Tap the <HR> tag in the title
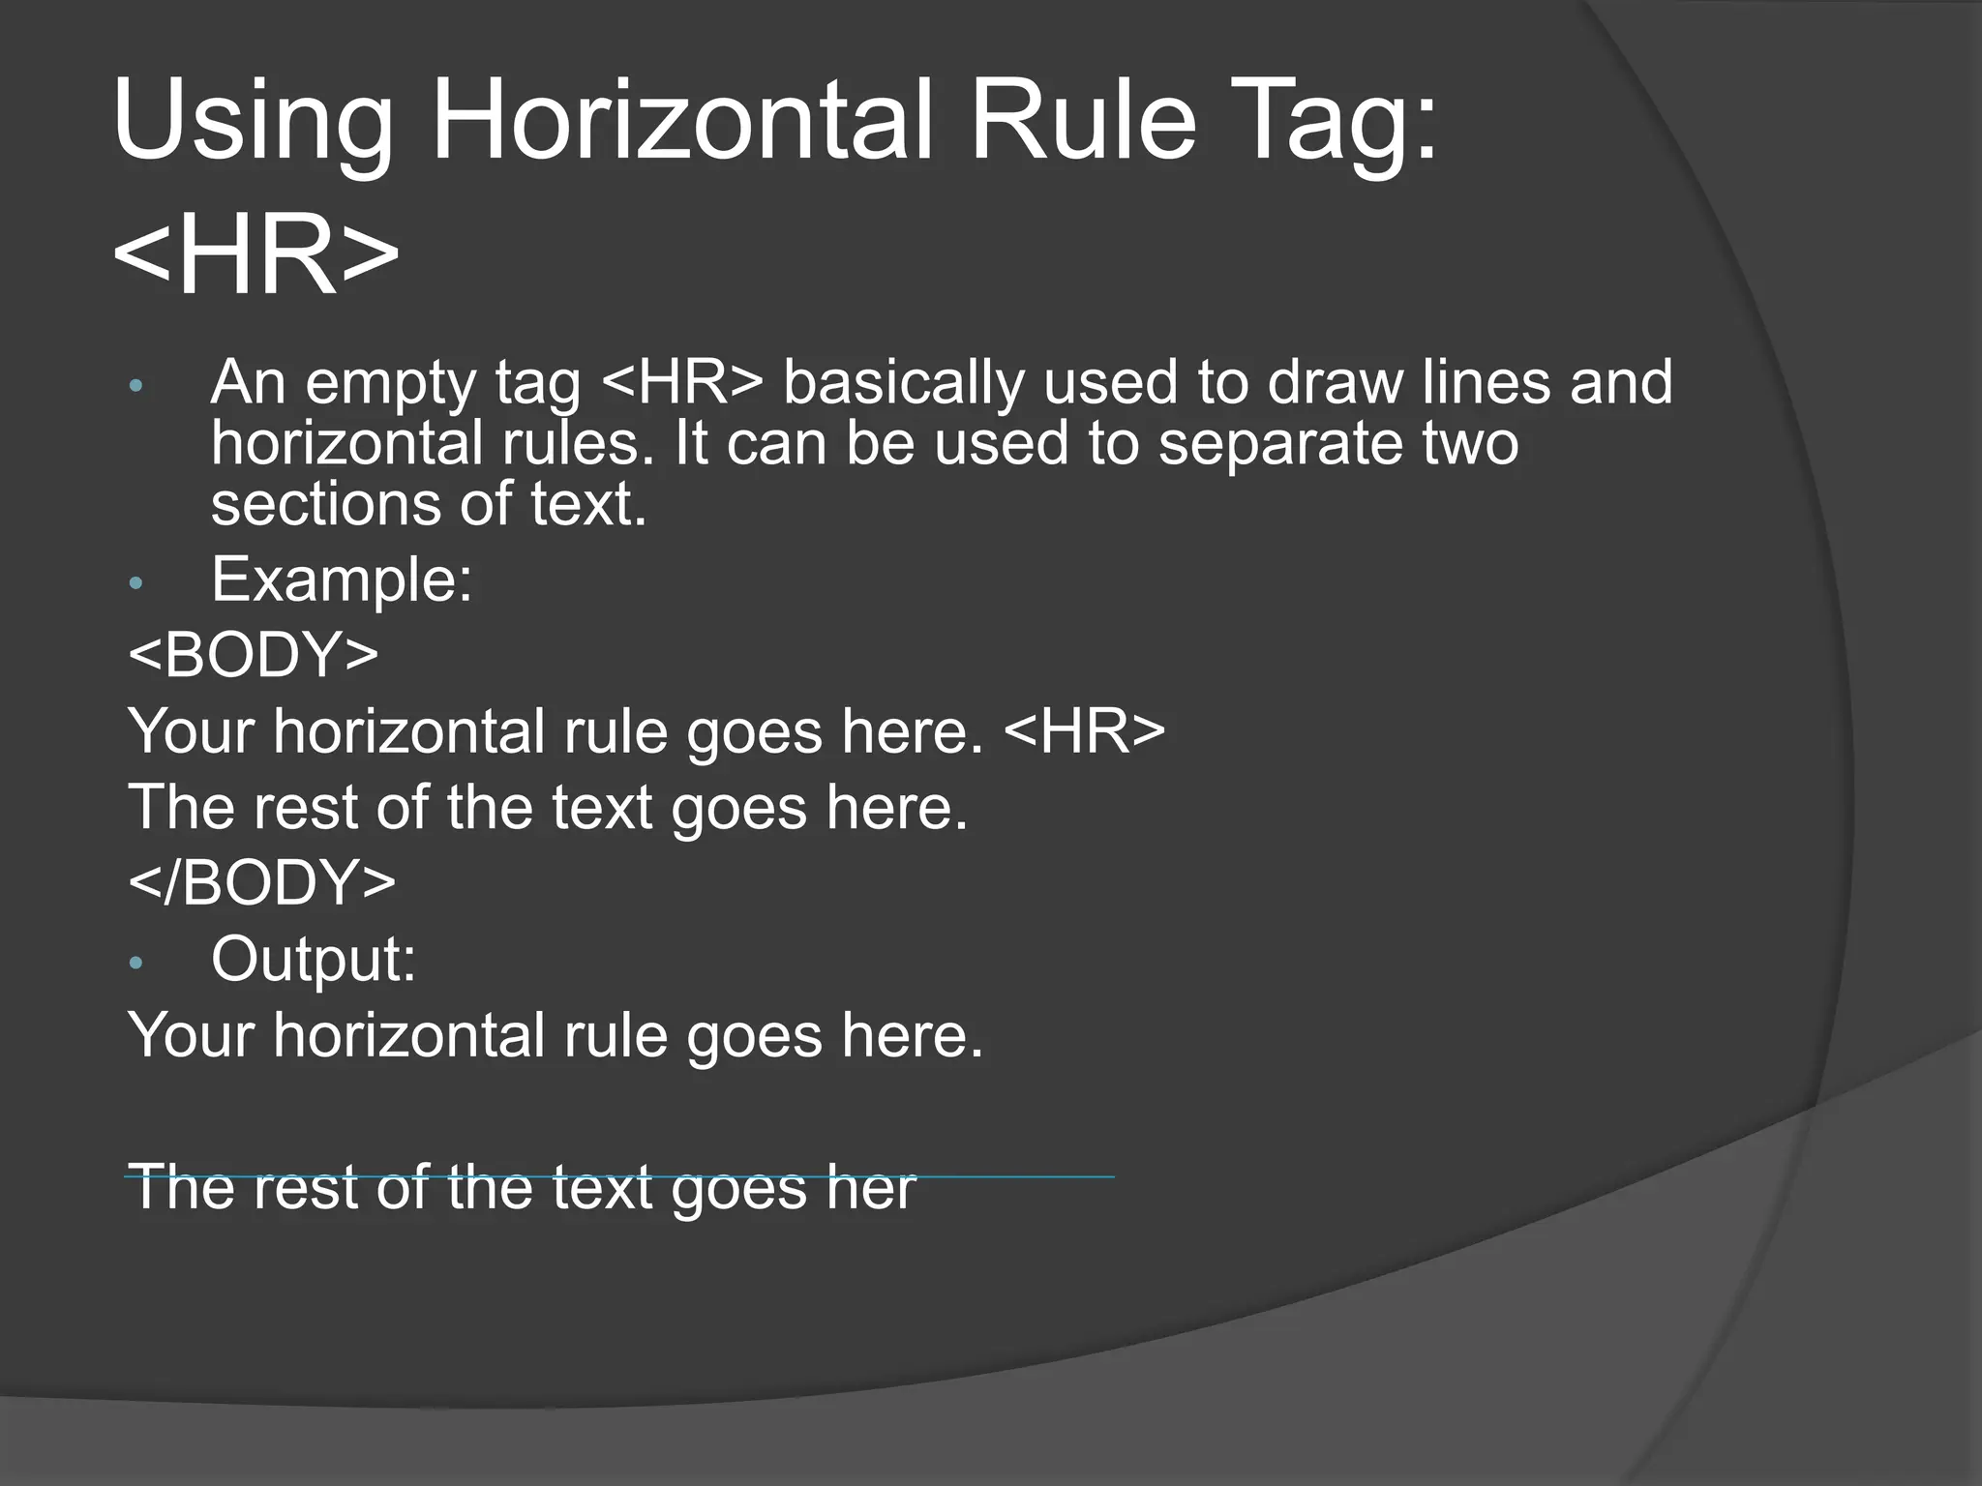point(255,254)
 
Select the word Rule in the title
point(1083,122)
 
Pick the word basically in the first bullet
point(902,384)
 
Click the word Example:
point(342,580)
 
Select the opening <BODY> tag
point(254,655)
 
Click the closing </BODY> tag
point(262,881)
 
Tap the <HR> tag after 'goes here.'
point(1085,731)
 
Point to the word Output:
point(314,959)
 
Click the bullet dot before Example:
point(135,582)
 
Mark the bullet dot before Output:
point(135,962)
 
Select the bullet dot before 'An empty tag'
point(135,386)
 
